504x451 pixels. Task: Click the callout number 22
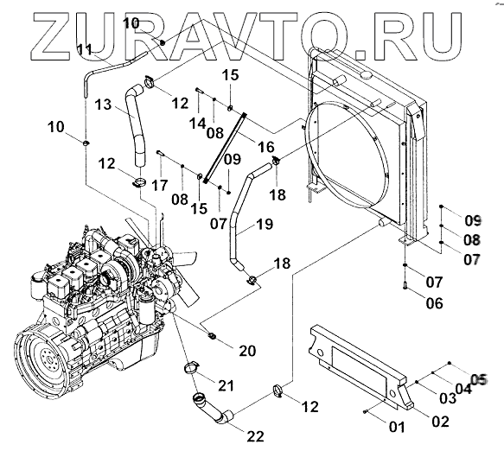[256, 436]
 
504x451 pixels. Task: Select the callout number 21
[226, 385]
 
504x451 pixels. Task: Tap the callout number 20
[247, 351]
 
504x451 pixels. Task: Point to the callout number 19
[265, 224]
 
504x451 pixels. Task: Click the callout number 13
[103, 105]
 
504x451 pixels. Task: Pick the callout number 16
[266, 147]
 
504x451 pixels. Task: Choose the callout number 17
[160, 186]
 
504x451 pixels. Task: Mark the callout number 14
[197, 123]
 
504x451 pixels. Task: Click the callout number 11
[86, 50]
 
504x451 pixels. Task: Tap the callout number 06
[434, 303]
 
